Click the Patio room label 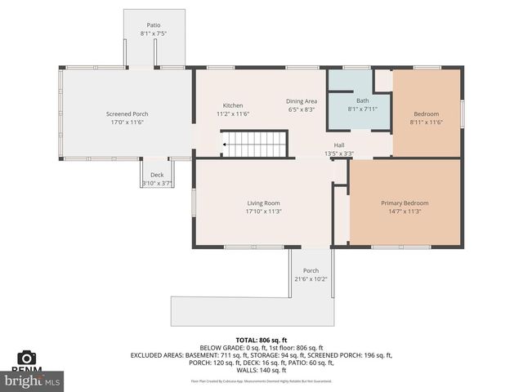tap(154, 25)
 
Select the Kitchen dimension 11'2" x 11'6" tap(233, 114)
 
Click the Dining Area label tap(302, 100)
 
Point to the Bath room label tap(362, 100)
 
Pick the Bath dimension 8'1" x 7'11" tap(362, 109)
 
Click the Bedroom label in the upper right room tap(426, 114)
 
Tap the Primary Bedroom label tap(405, 203)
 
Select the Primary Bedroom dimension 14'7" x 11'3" tap(405, 212)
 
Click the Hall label tap(338, 145)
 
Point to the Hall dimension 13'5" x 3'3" tap(338, 153)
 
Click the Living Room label tap(264, 203)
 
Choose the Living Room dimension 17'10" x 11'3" tap(264, 212)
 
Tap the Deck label tap(156, 175)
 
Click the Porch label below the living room tap(311, 270)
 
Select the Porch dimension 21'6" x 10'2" tap(311, 279)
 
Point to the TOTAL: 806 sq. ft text tap(261, 339)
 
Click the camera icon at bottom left tap(27, 358)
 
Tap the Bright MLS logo tap(32, 380)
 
